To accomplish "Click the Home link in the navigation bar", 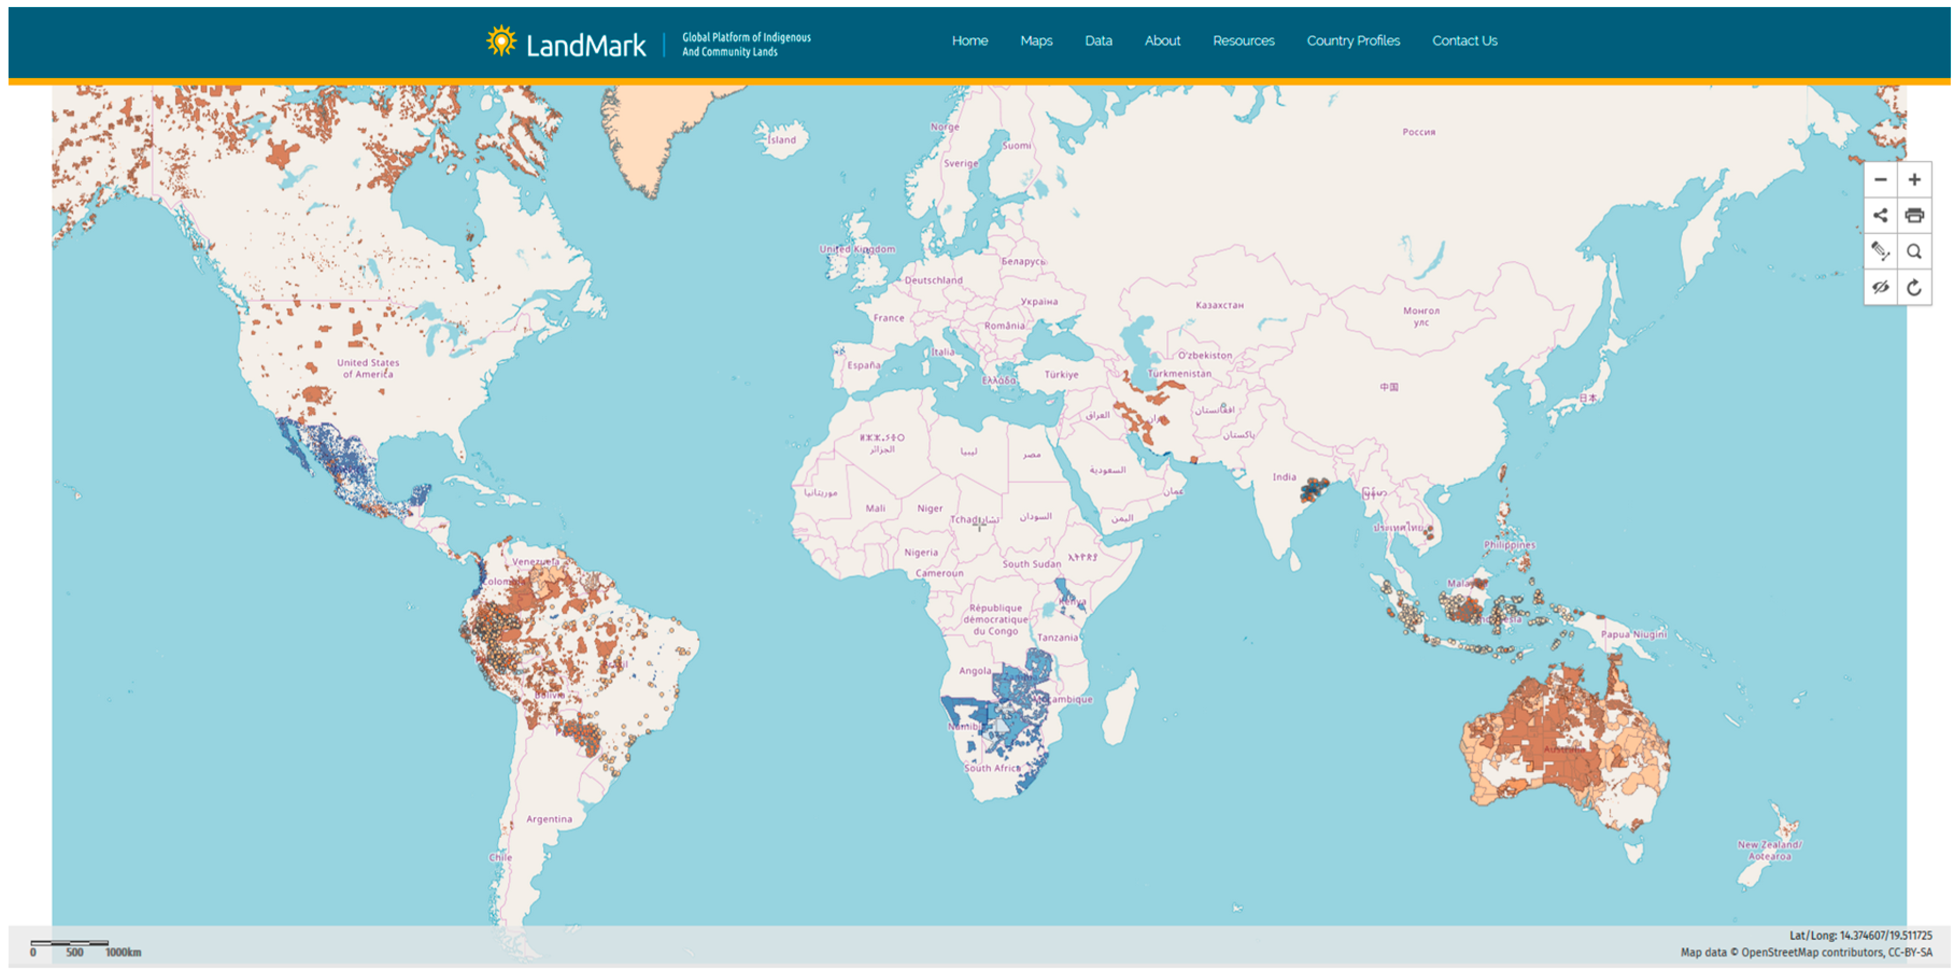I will (970, 41).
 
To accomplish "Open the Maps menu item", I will (1036, 41).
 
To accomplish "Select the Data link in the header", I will (1098, 41).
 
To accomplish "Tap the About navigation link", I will (1162, 41).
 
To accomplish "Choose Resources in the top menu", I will (1244, 41).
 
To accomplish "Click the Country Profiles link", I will (1353, 41).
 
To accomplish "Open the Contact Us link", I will (1465, 41).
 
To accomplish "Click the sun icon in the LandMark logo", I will (501, 40).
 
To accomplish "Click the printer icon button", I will (1914, 216).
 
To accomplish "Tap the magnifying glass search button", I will (1914, 252).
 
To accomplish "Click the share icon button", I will (1880, 216).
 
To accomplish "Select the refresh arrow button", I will (1914, 287).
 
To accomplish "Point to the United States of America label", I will (368, 368).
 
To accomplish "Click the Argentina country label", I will (549, 819).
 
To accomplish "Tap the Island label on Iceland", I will (782, 140).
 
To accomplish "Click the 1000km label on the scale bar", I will (123, 952).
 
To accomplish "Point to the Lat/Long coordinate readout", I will (1860, 936).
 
